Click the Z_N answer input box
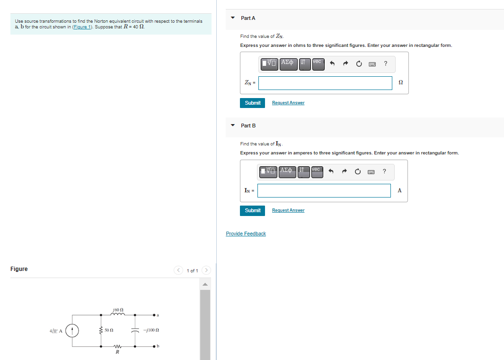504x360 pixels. tap(325, 83)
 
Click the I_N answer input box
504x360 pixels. tap(324, 190)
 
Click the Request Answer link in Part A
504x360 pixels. tap(288, 103)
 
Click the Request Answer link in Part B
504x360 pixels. tap(288, 210)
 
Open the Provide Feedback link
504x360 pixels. tap(246, 234)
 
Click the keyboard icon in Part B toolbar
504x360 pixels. tap(372, 171)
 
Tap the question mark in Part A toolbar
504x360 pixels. tap(386, 63)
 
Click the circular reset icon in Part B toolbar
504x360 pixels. tap(359, 171)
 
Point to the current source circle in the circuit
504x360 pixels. tap(72, 330)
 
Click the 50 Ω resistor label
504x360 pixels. tap(108, 330)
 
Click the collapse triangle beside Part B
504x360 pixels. tap(232, 126)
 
